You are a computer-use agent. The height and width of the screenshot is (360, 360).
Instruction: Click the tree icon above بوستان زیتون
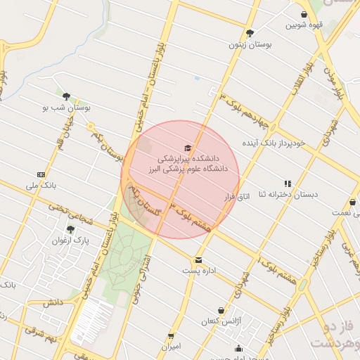coord(250,32)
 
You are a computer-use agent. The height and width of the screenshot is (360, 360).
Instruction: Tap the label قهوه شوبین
coord(303,25)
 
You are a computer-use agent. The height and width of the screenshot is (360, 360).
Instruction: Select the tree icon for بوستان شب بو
coord(66,96)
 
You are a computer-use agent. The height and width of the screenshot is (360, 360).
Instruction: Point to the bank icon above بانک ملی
coord(41,174)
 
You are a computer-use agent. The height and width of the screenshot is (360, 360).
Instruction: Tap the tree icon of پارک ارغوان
coord(70,229)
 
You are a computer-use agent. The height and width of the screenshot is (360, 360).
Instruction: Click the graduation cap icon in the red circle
coord(187,148)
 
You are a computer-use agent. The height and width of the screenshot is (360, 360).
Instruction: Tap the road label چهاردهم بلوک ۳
coord(243,110)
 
